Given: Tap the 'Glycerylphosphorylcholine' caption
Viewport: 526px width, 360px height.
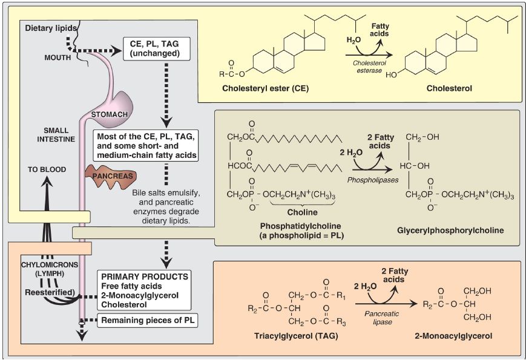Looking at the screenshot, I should pos(452,231).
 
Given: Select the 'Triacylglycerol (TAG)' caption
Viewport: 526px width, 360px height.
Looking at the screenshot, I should pos(288,335).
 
